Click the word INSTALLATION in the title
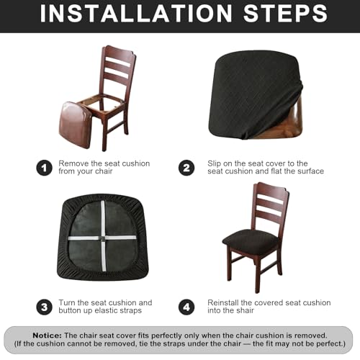[x=136, y=14]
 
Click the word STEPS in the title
[x=286, y=14]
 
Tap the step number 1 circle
[x=44, y=168]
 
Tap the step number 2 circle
[x=186, y=168]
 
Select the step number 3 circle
[x=44, y=307]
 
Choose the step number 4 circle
[x=186, y=307]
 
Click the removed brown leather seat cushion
[x=75, y=125]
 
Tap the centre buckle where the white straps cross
[x=103, y=238]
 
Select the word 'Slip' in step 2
[x=215, y=163]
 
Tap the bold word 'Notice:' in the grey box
[x=47, y=336]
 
